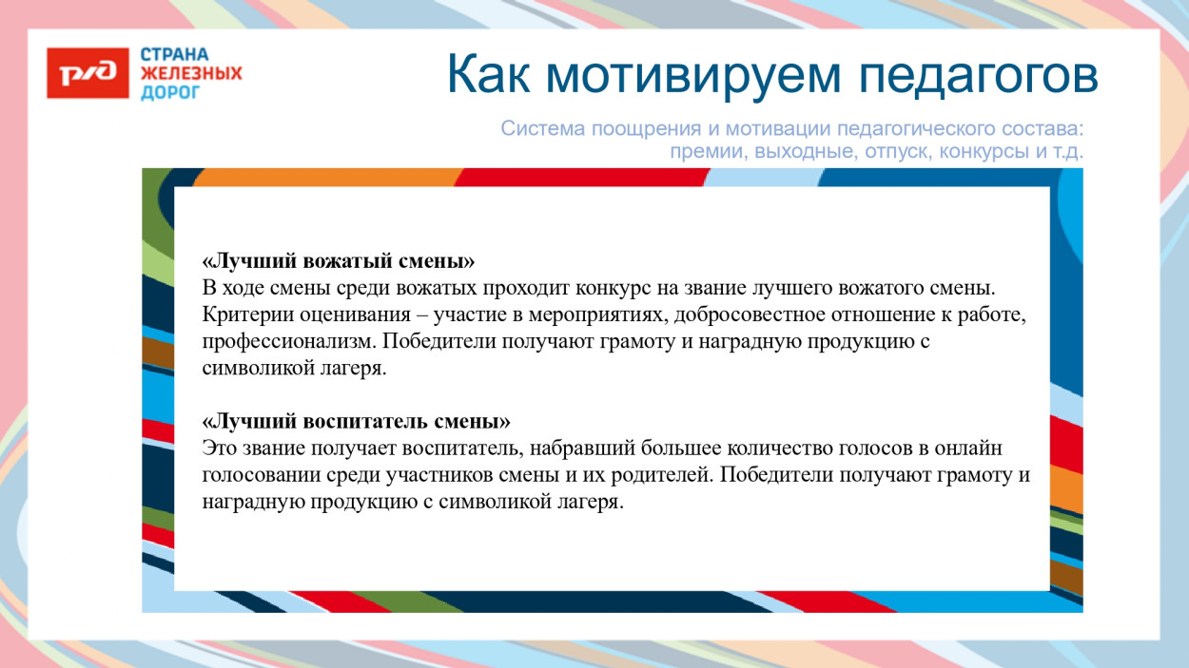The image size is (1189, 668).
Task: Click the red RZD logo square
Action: click(88, 72)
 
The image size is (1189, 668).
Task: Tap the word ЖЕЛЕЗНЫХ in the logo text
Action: click(191, 73)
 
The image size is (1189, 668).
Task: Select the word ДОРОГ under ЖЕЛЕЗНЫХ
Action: click(170, 92)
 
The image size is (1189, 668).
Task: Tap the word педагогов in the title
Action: click(979, 75)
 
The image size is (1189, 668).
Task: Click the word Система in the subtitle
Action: click(536, 128)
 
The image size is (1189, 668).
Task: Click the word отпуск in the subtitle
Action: click(896, 152)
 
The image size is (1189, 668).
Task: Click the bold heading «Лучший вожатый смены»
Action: click(339, 259)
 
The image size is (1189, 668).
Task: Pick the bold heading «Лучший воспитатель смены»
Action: click(357, 420)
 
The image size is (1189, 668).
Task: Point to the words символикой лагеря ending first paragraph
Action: click(295, 369)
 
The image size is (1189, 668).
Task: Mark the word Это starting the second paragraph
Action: click(218, 448)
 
